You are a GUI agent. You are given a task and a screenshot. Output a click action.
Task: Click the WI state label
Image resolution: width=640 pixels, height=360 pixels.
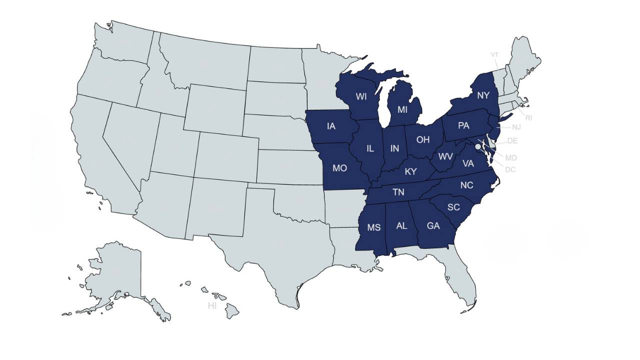[361, 96]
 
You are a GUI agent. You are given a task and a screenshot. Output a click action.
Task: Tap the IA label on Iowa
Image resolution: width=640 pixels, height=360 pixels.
[331, 126]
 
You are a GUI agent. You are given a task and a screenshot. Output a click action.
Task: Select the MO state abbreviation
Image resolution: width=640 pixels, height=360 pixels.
[339, 168]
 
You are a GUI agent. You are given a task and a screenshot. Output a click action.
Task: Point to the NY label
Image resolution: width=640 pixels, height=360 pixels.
[483, 95]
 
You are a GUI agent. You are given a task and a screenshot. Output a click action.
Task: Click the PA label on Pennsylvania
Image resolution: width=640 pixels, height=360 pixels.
[463, 125]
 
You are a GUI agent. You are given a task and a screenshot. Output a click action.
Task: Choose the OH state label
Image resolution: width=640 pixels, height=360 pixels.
[423, 139]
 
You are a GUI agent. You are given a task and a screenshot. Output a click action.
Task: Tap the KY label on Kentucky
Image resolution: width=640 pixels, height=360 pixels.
[410, 171]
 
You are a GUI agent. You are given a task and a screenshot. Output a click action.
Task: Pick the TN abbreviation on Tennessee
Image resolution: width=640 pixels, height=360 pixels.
[398, 192]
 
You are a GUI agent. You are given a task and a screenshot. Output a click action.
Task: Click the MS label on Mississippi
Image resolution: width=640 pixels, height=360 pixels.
[374, 227]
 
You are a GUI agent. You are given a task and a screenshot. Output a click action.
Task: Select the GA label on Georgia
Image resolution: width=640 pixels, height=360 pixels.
[433, 225]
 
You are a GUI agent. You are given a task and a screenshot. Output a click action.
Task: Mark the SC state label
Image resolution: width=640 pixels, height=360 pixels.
[453, 207]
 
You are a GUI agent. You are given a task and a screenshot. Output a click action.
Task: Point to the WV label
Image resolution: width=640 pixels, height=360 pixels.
[445, 156]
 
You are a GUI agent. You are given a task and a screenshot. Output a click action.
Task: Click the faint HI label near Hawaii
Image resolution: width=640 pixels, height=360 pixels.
[212, 305]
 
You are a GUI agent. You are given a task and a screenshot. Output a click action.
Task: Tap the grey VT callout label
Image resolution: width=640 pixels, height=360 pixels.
[494, 55]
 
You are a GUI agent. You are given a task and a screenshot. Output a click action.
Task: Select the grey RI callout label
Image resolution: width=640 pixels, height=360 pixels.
[528, 118]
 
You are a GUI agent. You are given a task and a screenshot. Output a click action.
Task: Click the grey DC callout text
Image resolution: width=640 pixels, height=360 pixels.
[510, 169]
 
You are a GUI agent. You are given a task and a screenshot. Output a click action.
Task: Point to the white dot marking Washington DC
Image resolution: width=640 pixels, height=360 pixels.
[478, 147]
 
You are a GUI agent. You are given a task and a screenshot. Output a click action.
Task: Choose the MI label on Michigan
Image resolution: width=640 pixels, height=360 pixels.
[402, 109]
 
